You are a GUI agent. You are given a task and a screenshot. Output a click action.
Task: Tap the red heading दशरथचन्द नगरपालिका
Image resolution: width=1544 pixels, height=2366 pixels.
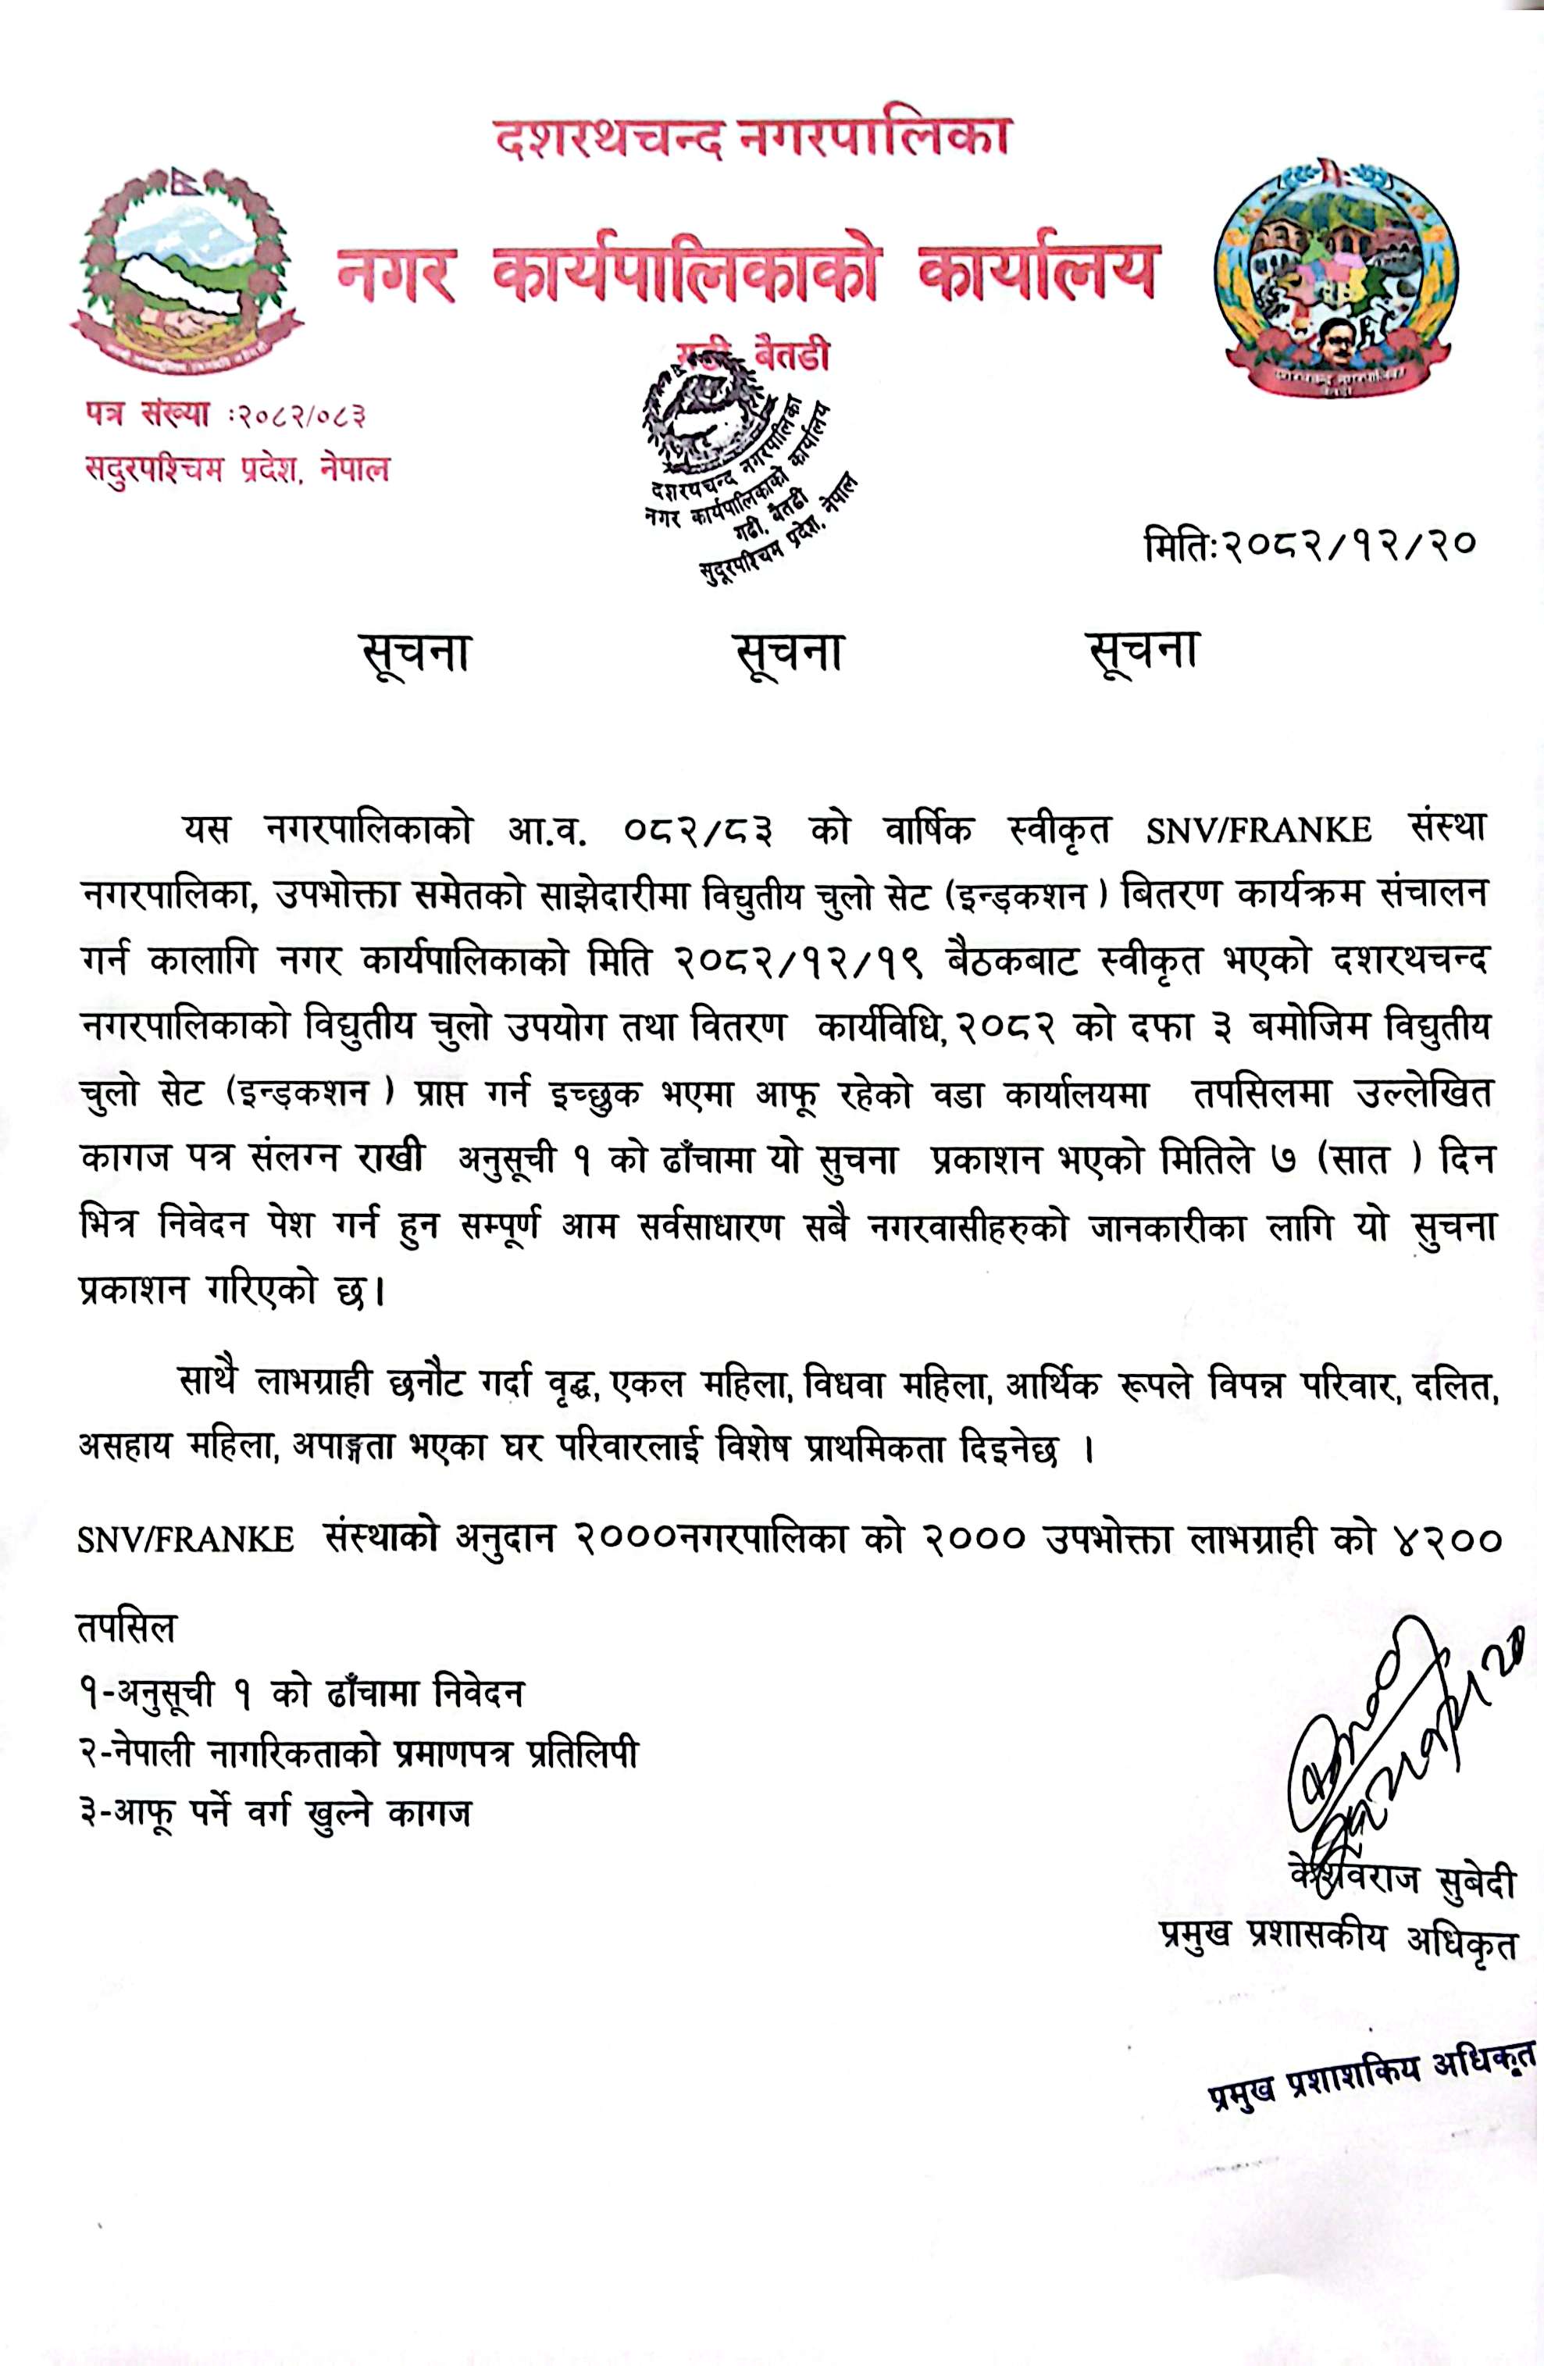point(753,136)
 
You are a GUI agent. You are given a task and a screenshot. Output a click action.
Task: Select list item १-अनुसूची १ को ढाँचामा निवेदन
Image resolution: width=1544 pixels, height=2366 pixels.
point(301,1691)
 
